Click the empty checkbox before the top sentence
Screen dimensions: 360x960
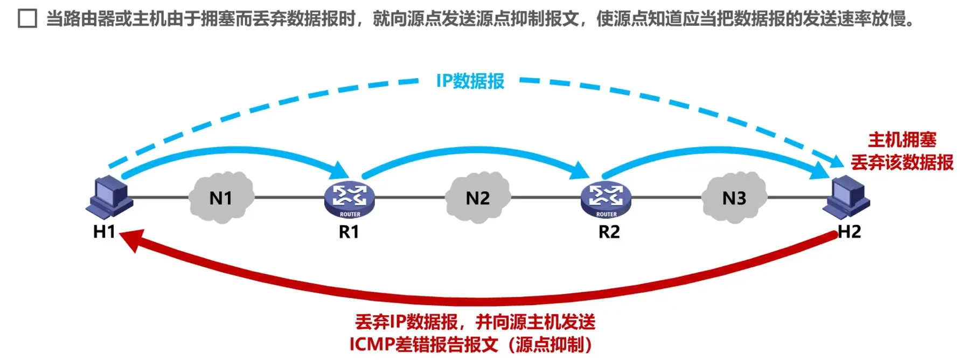(x=27, y=19)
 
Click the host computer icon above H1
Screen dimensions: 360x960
(x=109, y=196)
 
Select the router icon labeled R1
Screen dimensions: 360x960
(x=349, y=199)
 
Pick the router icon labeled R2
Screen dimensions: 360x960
(x=606, y=199)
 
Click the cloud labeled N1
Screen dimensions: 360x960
(x=221, y=198)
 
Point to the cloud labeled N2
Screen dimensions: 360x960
(x=477, y=198)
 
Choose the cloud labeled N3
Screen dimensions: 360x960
(x=734, y=198)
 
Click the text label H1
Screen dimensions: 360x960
(x=105, y=232)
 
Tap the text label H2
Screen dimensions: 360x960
(x=849, y=232)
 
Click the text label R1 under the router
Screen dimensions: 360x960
(x=349, y=232)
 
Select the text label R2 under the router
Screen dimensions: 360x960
(x=609, y=232)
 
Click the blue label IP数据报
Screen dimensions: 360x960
(x=470, y=81)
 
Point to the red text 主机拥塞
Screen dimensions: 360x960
(x=902, y=140)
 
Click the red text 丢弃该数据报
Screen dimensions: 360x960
(x=902, y=162)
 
